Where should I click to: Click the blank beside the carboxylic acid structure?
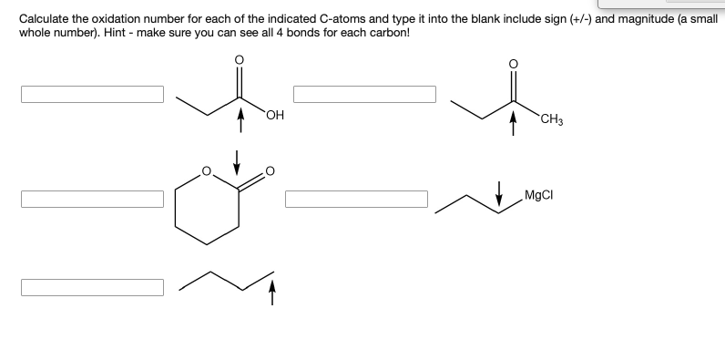93,95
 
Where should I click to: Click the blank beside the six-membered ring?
93,199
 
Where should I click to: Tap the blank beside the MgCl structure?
356,199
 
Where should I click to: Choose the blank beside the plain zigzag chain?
93,287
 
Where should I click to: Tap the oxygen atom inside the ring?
207,170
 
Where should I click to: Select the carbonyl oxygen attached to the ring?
270,171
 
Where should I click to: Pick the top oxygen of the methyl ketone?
512,65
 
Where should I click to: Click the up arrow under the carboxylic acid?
241,120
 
